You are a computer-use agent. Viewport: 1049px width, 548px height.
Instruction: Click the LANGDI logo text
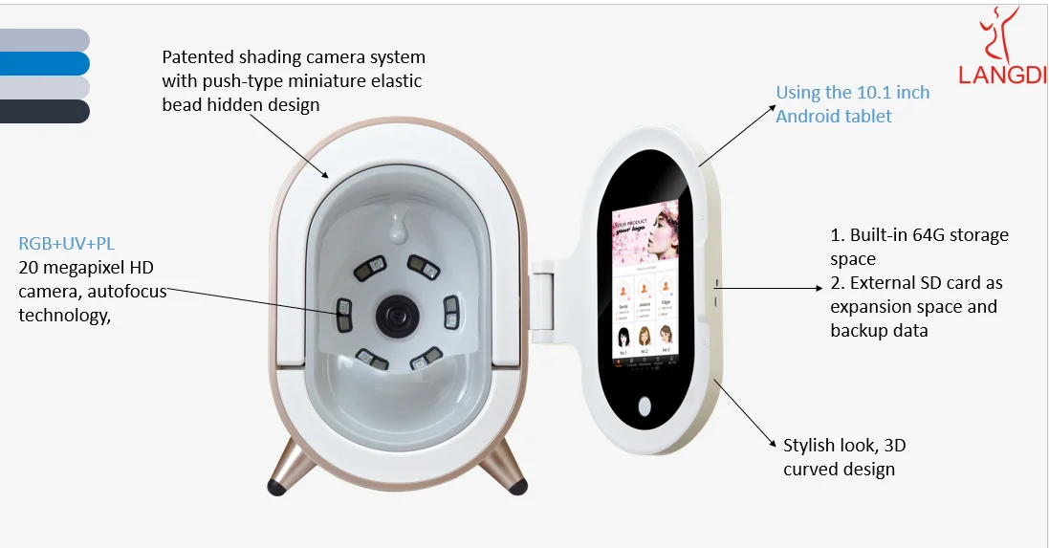(1002, 75)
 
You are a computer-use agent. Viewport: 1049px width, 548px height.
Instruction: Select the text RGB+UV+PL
(67, 244)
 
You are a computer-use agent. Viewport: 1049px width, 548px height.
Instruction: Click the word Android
(806, 117)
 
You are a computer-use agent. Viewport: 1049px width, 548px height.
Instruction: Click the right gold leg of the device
(504, 469)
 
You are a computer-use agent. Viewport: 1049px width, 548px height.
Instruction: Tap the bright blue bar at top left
(44, 64)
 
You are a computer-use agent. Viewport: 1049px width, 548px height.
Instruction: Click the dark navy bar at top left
(44, 112)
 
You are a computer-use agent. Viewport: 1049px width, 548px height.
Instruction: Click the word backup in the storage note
(860, 331)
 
